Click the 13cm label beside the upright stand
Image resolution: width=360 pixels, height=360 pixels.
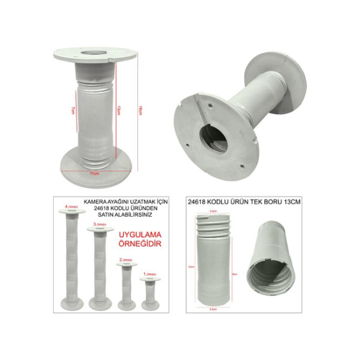(117, 109)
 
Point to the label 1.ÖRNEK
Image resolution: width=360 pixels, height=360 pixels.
(151, 274)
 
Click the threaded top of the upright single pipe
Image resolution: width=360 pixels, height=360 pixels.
(213, 226)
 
